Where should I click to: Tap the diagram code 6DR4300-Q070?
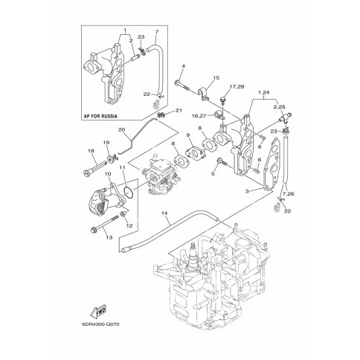[100, 324]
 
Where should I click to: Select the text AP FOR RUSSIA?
[100, 116]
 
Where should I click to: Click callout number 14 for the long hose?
[164, 213]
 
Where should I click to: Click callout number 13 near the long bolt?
[109, 237]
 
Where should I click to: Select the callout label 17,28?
[237, 87]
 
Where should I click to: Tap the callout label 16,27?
[199, 115]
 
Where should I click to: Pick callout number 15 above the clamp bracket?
[216, 78]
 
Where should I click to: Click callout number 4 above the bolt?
[184, 66]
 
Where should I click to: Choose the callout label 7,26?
[288, 194]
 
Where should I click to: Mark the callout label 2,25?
[280, 107]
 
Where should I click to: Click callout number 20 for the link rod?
[121, 129]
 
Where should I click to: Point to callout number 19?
[106, 143]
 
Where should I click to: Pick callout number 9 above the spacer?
[188, 135]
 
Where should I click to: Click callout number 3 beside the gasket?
[247, 191]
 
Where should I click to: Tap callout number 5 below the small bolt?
[213, 173]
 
